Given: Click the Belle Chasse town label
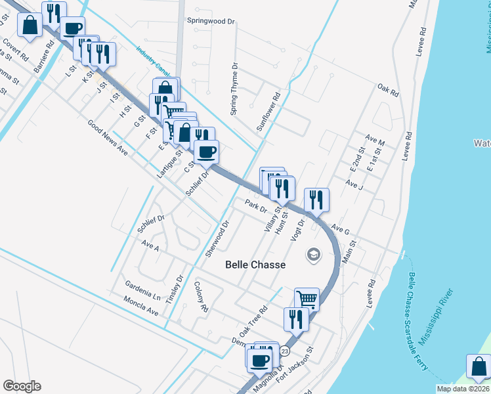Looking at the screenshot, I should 255,265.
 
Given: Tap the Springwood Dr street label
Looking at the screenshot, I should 211,22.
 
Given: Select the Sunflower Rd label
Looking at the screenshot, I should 268,112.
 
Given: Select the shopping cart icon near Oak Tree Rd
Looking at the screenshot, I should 307,299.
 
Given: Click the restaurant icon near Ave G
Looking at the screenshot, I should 317,200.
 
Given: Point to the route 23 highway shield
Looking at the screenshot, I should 284,352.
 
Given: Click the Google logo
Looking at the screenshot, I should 22,386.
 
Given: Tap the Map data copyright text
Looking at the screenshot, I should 463,389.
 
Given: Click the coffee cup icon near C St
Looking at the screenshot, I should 207,153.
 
